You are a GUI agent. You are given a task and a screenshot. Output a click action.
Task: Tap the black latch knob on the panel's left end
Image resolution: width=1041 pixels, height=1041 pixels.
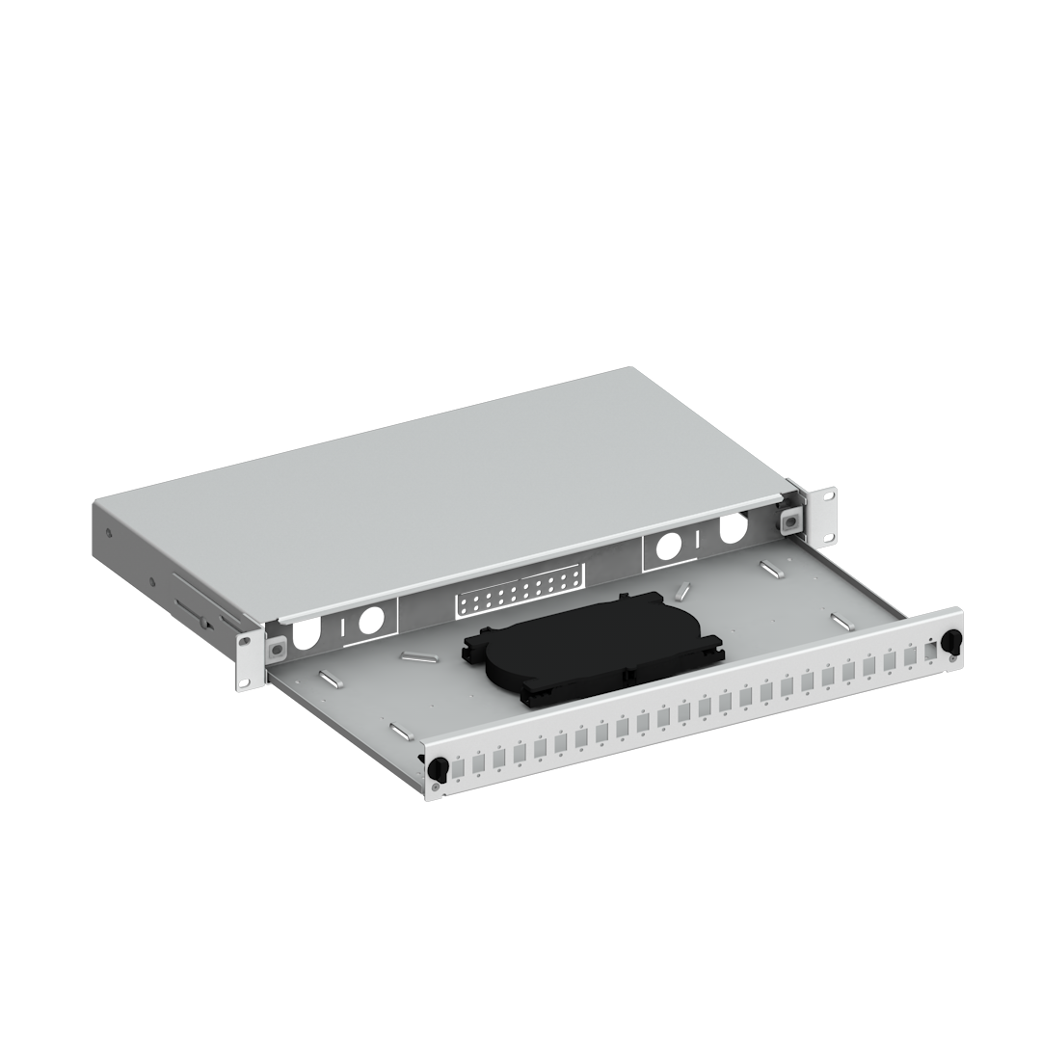(436, 768)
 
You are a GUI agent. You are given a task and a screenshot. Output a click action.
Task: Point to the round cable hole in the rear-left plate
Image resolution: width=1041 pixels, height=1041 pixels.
(368, 622)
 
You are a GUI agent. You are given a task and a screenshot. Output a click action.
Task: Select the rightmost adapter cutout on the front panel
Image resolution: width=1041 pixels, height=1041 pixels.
(929, 653)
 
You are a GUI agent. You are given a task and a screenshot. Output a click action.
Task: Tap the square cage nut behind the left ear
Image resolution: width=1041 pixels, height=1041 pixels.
(276, 646)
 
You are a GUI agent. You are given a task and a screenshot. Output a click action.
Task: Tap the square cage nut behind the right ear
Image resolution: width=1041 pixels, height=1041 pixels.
(789, 520)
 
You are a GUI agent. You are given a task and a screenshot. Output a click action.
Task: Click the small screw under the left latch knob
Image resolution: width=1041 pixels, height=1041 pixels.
(436, 787)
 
